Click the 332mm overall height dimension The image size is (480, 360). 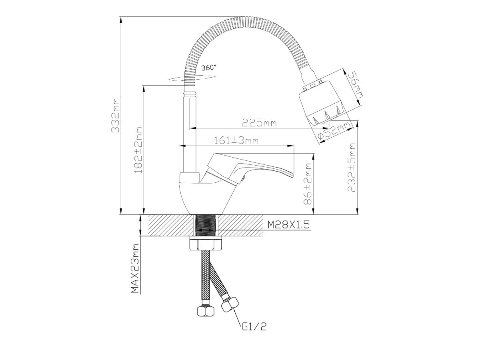(115, 115)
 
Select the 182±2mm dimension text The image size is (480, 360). (138, 150)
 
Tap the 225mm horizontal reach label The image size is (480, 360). (259, 123)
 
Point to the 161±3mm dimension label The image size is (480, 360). (236, 140)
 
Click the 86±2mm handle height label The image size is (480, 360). (308, 184)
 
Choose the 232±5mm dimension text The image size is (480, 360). (352, 168)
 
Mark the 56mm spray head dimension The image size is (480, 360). (355, 85)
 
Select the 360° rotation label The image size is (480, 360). (208, 68)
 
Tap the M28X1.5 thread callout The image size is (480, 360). (288, 224)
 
